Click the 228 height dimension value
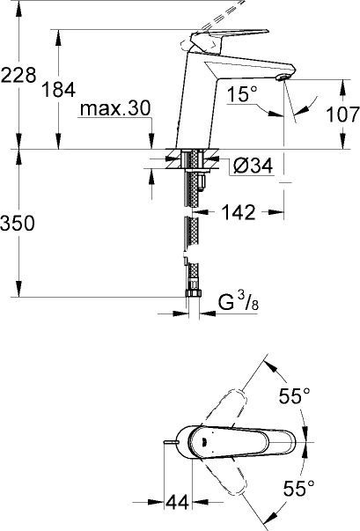click(x=18, y=76)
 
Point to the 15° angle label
click(x=242, y=94)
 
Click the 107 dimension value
click(x=342, y=114)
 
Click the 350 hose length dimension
click(x=18, y=224)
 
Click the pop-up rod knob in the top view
click(x=168, y=441)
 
